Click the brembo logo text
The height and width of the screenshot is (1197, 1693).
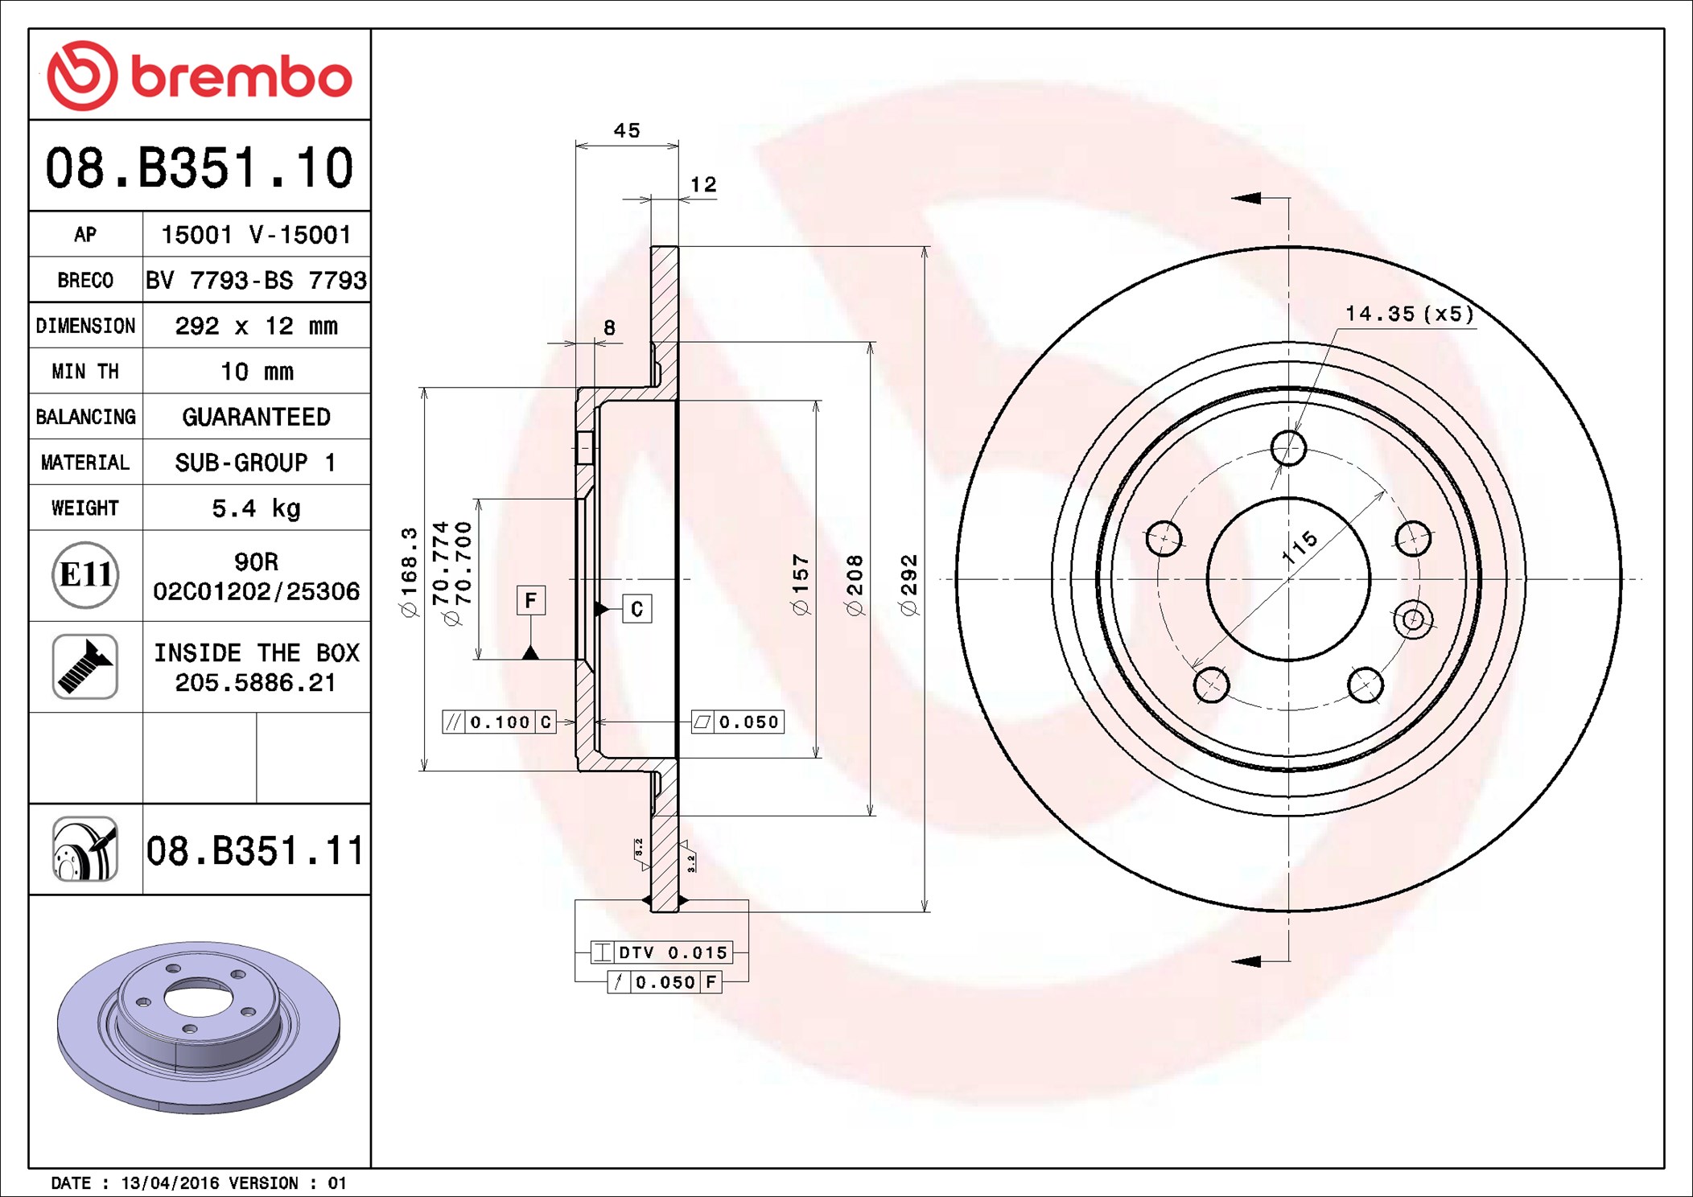click(241, 76)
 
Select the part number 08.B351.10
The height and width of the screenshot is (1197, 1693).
click(200, 167)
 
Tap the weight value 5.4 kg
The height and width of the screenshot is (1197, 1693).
click(256, 508)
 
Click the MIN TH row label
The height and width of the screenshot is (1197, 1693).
click(85, 371)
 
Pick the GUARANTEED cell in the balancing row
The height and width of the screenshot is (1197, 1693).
click(256, 417)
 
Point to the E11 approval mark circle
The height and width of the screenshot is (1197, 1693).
click(85, 574)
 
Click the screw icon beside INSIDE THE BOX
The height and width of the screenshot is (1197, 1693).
click(85, 666)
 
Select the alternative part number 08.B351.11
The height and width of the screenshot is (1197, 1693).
click(255, 850)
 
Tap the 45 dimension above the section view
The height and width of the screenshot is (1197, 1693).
click(627, 130)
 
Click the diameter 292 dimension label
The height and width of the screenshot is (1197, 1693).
click(908, 585)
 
